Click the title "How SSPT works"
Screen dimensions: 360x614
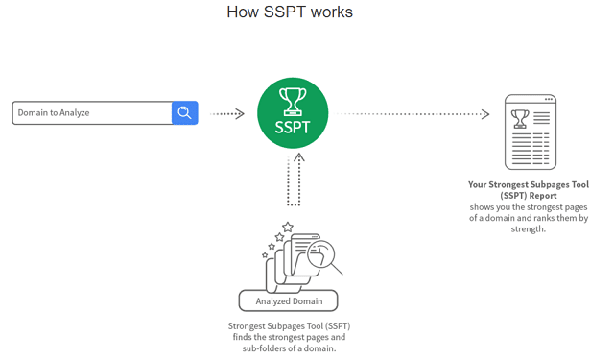click(x=290, y=12)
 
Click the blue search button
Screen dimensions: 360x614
click(x=184, y=113)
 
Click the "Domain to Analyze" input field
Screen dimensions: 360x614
click(x=92, y=113)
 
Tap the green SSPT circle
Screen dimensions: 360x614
click(x=294, y=113)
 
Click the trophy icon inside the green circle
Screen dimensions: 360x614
click(x=294, y=99)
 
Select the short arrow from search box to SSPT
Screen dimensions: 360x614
click(x=226, y=113)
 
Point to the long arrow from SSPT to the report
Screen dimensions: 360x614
click(x=413, y=113)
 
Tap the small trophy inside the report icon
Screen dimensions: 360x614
click(x=520, y=118)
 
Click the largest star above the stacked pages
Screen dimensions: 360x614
click(x=287, y=228)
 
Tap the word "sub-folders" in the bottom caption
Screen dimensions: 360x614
click(x=270, y=348)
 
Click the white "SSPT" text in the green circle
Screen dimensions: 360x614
click(x=294, y=125)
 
